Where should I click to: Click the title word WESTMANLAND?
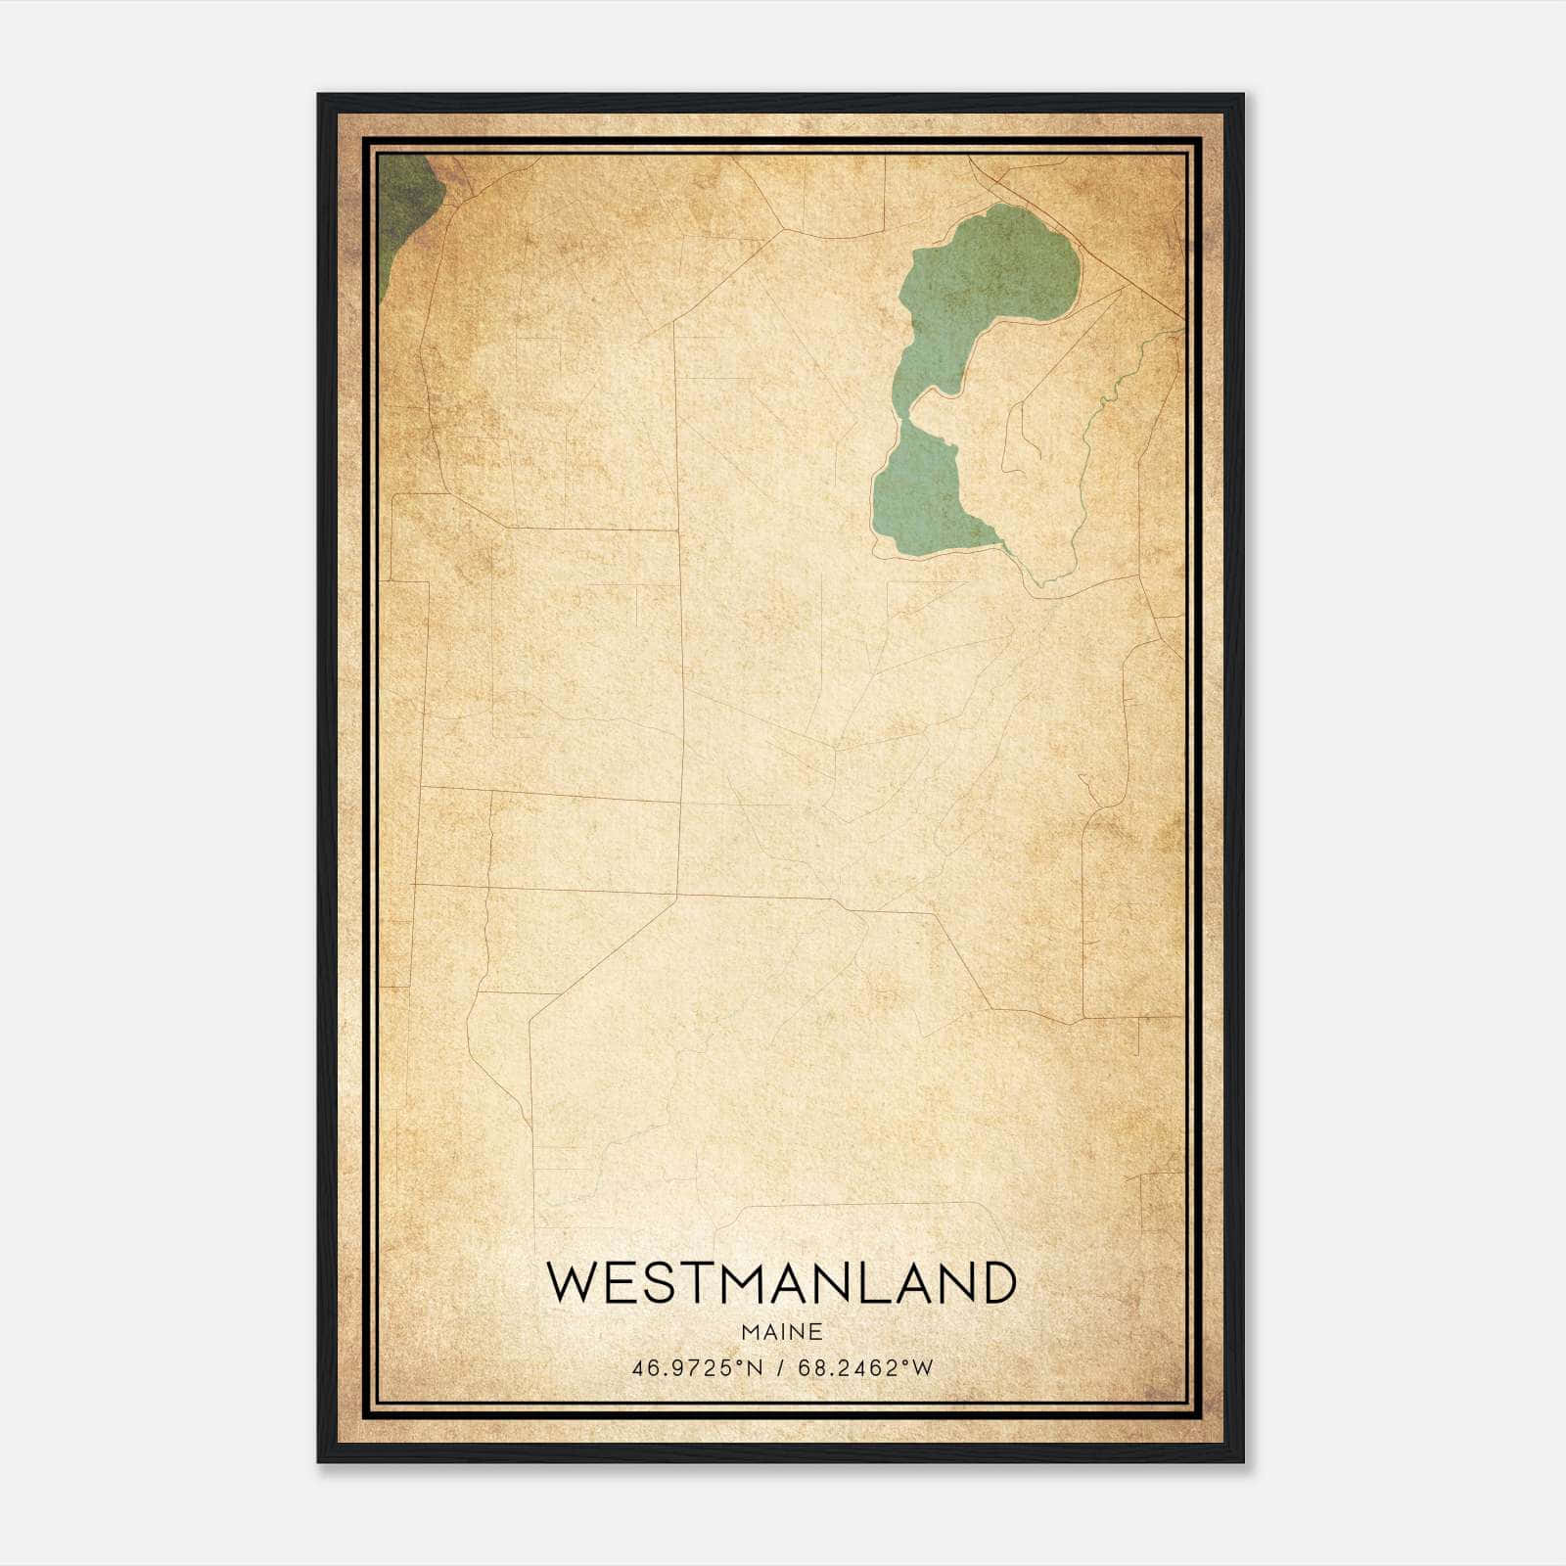pyautogui.click(x=781, y=1282)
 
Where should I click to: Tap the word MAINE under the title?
pyautogui.click(x=781, y=1332)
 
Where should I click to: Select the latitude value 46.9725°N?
pyautogui.click(x=696, y=1368)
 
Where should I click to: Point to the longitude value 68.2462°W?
pyautogui.click(x=865, y=1368)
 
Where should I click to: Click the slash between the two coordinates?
pyautogui.click(x=781, y=1368)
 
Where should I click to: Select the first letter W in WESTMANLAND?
pyautogui.click(x=571, y=1282)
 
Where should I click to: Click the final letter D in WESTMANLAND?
pyautogui.click(x=996, y=1282)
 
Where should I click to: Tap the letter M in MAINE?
pyautogui.click(x=749, y=1332)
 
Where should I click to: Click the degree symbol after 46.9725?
pyautogui.click(x=746, y=1362)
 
